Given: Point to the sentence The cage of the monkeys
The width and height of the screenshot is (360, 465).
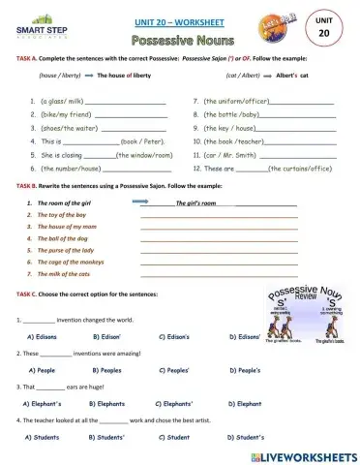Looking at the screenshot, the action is point(70,262).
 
